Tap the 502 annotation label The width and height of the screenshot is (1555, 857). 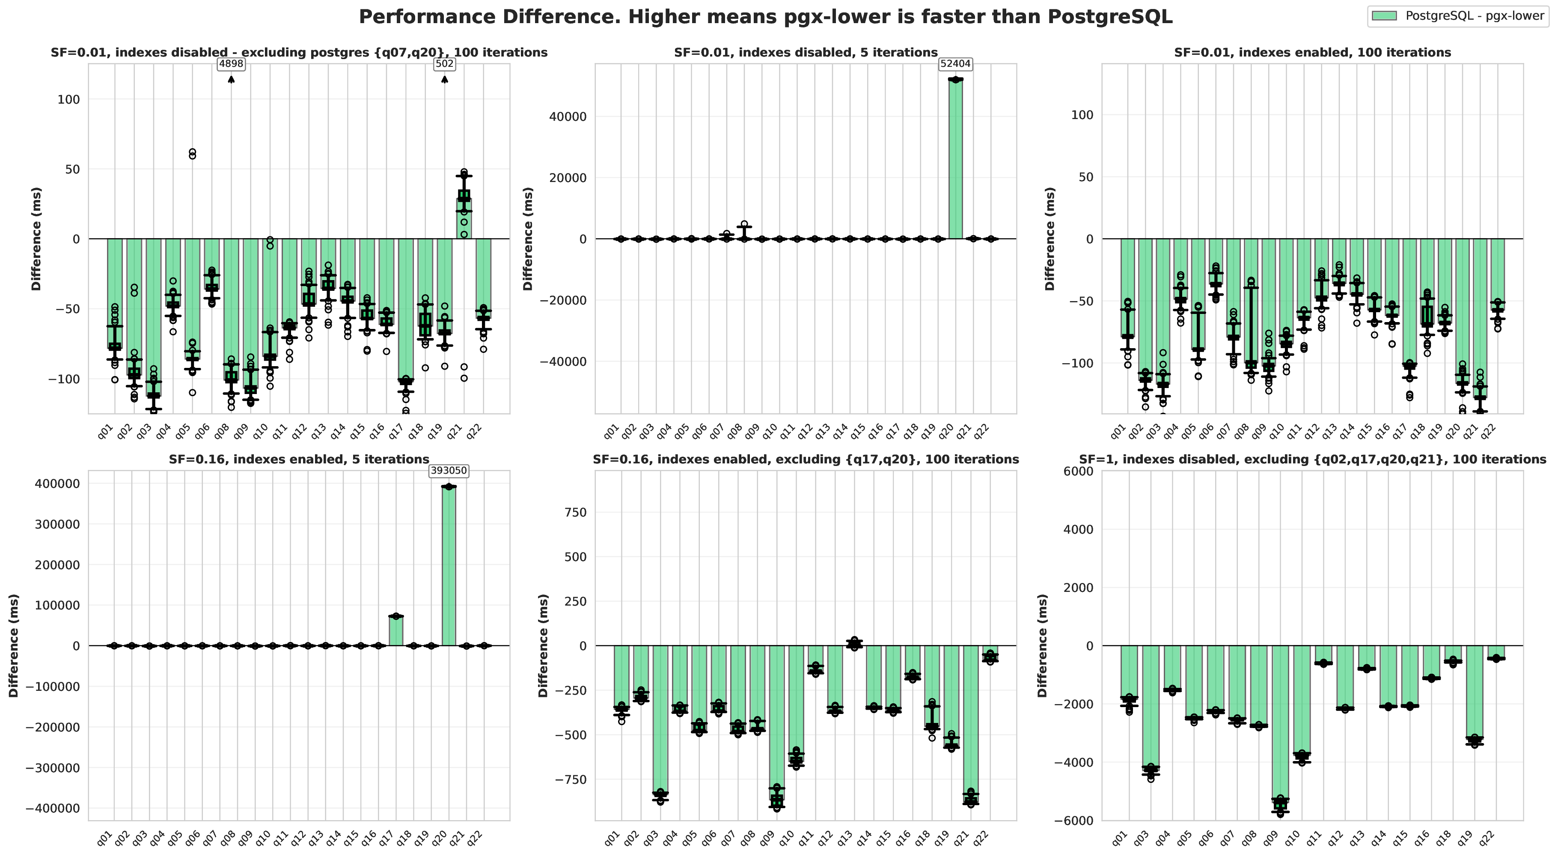(x=445, y=64)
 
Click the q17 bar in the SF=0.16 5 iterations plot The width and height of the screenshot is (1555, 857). (x=396, y=631)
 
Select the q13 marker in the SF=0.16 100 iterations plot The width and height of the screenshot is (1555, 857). (x=854, y=644)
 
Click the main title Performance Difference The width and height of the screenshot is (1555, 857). (x=765, y=17)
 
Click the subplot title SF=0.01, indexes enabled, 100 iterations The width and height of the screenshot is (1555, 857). (x=1312, y=53)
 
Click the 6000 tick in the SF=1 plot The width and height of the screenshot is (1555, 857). (x=1080, y=472)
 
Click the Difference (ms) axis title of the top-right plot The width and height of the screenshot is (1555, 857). (x=1050, y=239)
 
